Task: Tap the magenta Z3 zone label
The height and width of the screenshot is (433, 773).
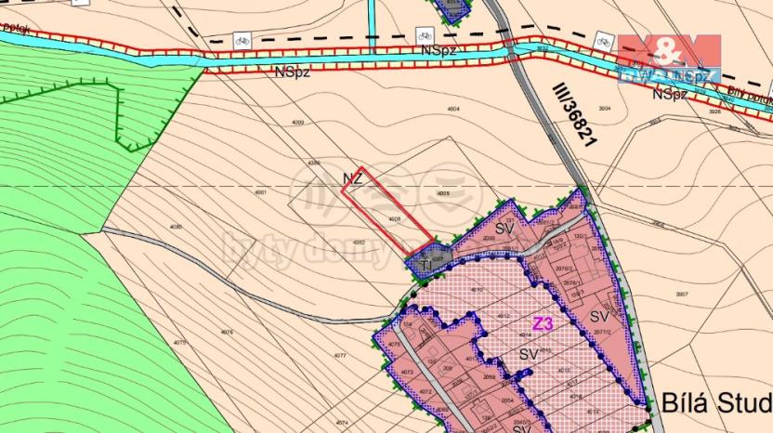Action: (x=544, y=324)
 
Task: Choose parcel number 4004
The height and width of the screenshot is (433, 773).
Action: (x=453, y=110)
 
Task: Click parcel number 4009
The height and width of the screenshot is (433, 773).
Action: (x=297, y=123)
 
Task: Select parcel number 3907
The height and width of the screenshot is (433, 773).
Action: (x=681, y=295)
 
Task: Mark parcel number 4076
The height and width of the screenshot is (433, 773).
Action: (x=227, y=332)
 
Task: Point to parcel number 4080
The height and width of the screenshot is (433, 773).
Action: (x=177, y=227)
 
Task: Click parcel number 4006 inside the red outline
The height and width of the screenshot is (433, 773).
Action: (x=394, y=219)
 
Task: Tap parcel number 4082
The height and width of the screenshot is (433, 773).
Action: (x=360, y=243)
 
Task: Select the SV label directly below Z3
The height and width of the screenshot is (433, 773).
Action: (x=530, y=354)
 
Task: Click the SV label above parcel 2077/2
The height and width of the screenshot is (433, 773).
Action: (x=598, y=317)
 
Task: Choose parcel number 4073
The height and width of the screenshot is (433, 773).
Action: (x=406, y=373)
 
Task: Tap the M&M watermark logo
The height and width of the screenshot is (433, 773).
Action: (x=669, y=56)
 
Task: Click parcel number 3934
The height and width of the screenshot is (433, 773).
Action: (x=605, y=109)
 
